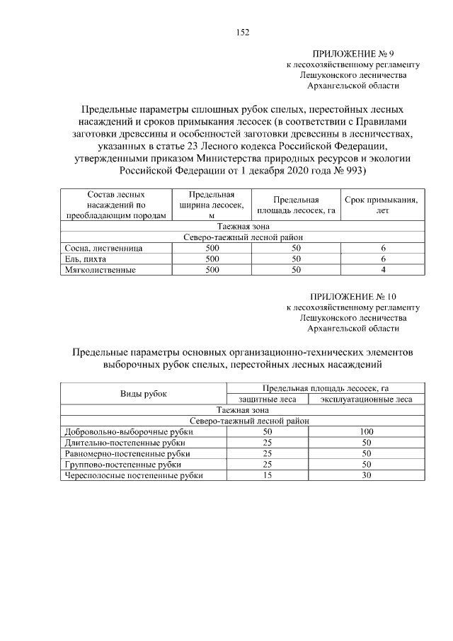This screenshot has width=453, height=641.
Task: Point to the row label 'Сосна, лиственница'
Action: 103,249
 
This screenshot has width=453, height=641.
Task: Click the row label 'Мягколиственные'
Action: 100,270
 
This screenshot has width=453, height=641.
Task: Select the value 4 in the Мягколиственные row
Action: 383,270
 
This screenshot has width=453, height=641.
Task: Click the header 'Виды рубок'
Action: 144,394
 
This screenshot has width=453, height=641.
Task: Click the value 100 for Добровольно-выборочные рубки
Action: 366,431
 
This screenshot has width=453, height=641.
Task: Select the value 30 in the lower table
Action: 366,476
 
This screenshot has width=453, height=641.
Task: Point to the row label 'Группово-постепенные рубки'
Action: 122,465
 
